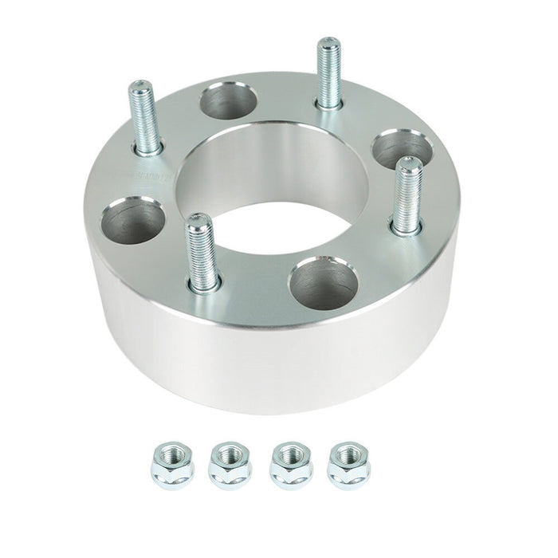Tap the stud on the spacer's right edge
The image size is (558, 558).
(407, 195)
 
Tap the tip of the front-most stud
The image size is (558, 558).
(198, 221)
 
